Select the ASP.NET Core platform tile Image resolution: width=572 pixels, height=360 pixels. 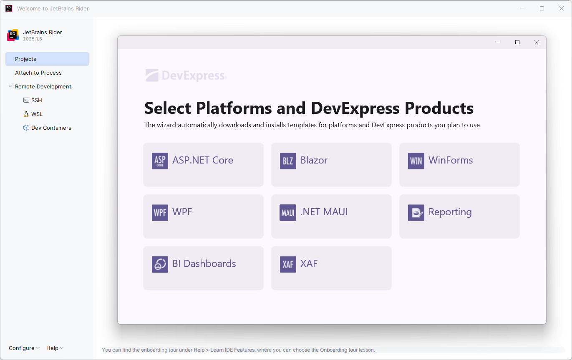(x=203, y=164)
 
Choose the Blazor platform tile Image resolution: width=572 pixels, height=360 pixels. (x=331, y=164)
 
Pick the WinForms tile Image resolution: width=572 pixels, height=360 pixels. (x=459, y=164)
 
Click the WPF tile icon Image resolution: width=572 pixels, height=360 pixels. (x=160, y=213)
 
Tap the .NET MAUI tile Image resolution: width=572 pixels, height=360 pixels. (x=331, y=216)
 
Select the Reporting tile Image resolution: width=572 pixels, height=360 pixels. (x=459, y=216)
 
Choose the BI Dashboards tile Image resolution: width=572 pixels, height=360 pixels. (x=203, y=268)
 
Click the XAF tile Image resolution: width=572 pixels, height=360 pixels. (x=331, y=268)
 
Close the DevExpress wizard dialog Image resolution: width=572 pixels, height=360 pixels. (x=537, y=42)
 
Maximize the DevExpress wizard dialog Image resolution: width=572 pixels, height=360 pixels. (x=517, y=42)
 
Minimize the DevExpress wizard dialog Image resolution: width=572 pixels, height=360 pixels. (x=498, y=42)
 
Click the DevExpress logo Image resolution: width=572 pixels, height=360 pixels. (x=186, y=76)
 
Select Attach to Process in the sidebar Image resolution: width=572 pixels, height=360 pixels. (x=38, y=73)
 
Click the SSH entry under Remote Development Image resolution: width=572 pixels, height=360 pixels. (x=36, y=100)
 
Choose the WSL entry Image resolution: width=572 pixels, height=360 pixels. (x=37, y=114)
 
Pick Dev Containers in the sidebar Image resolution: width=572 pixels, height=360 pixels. (x=51, y=128)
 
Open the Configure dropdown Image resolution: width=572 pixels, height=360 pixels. (x=24, y=348)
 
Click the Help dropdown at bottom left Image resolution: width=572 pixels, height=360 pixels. (x=55, y=348)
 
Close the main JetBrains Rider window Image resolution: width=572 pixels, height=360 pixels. (x=561, y=8)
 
